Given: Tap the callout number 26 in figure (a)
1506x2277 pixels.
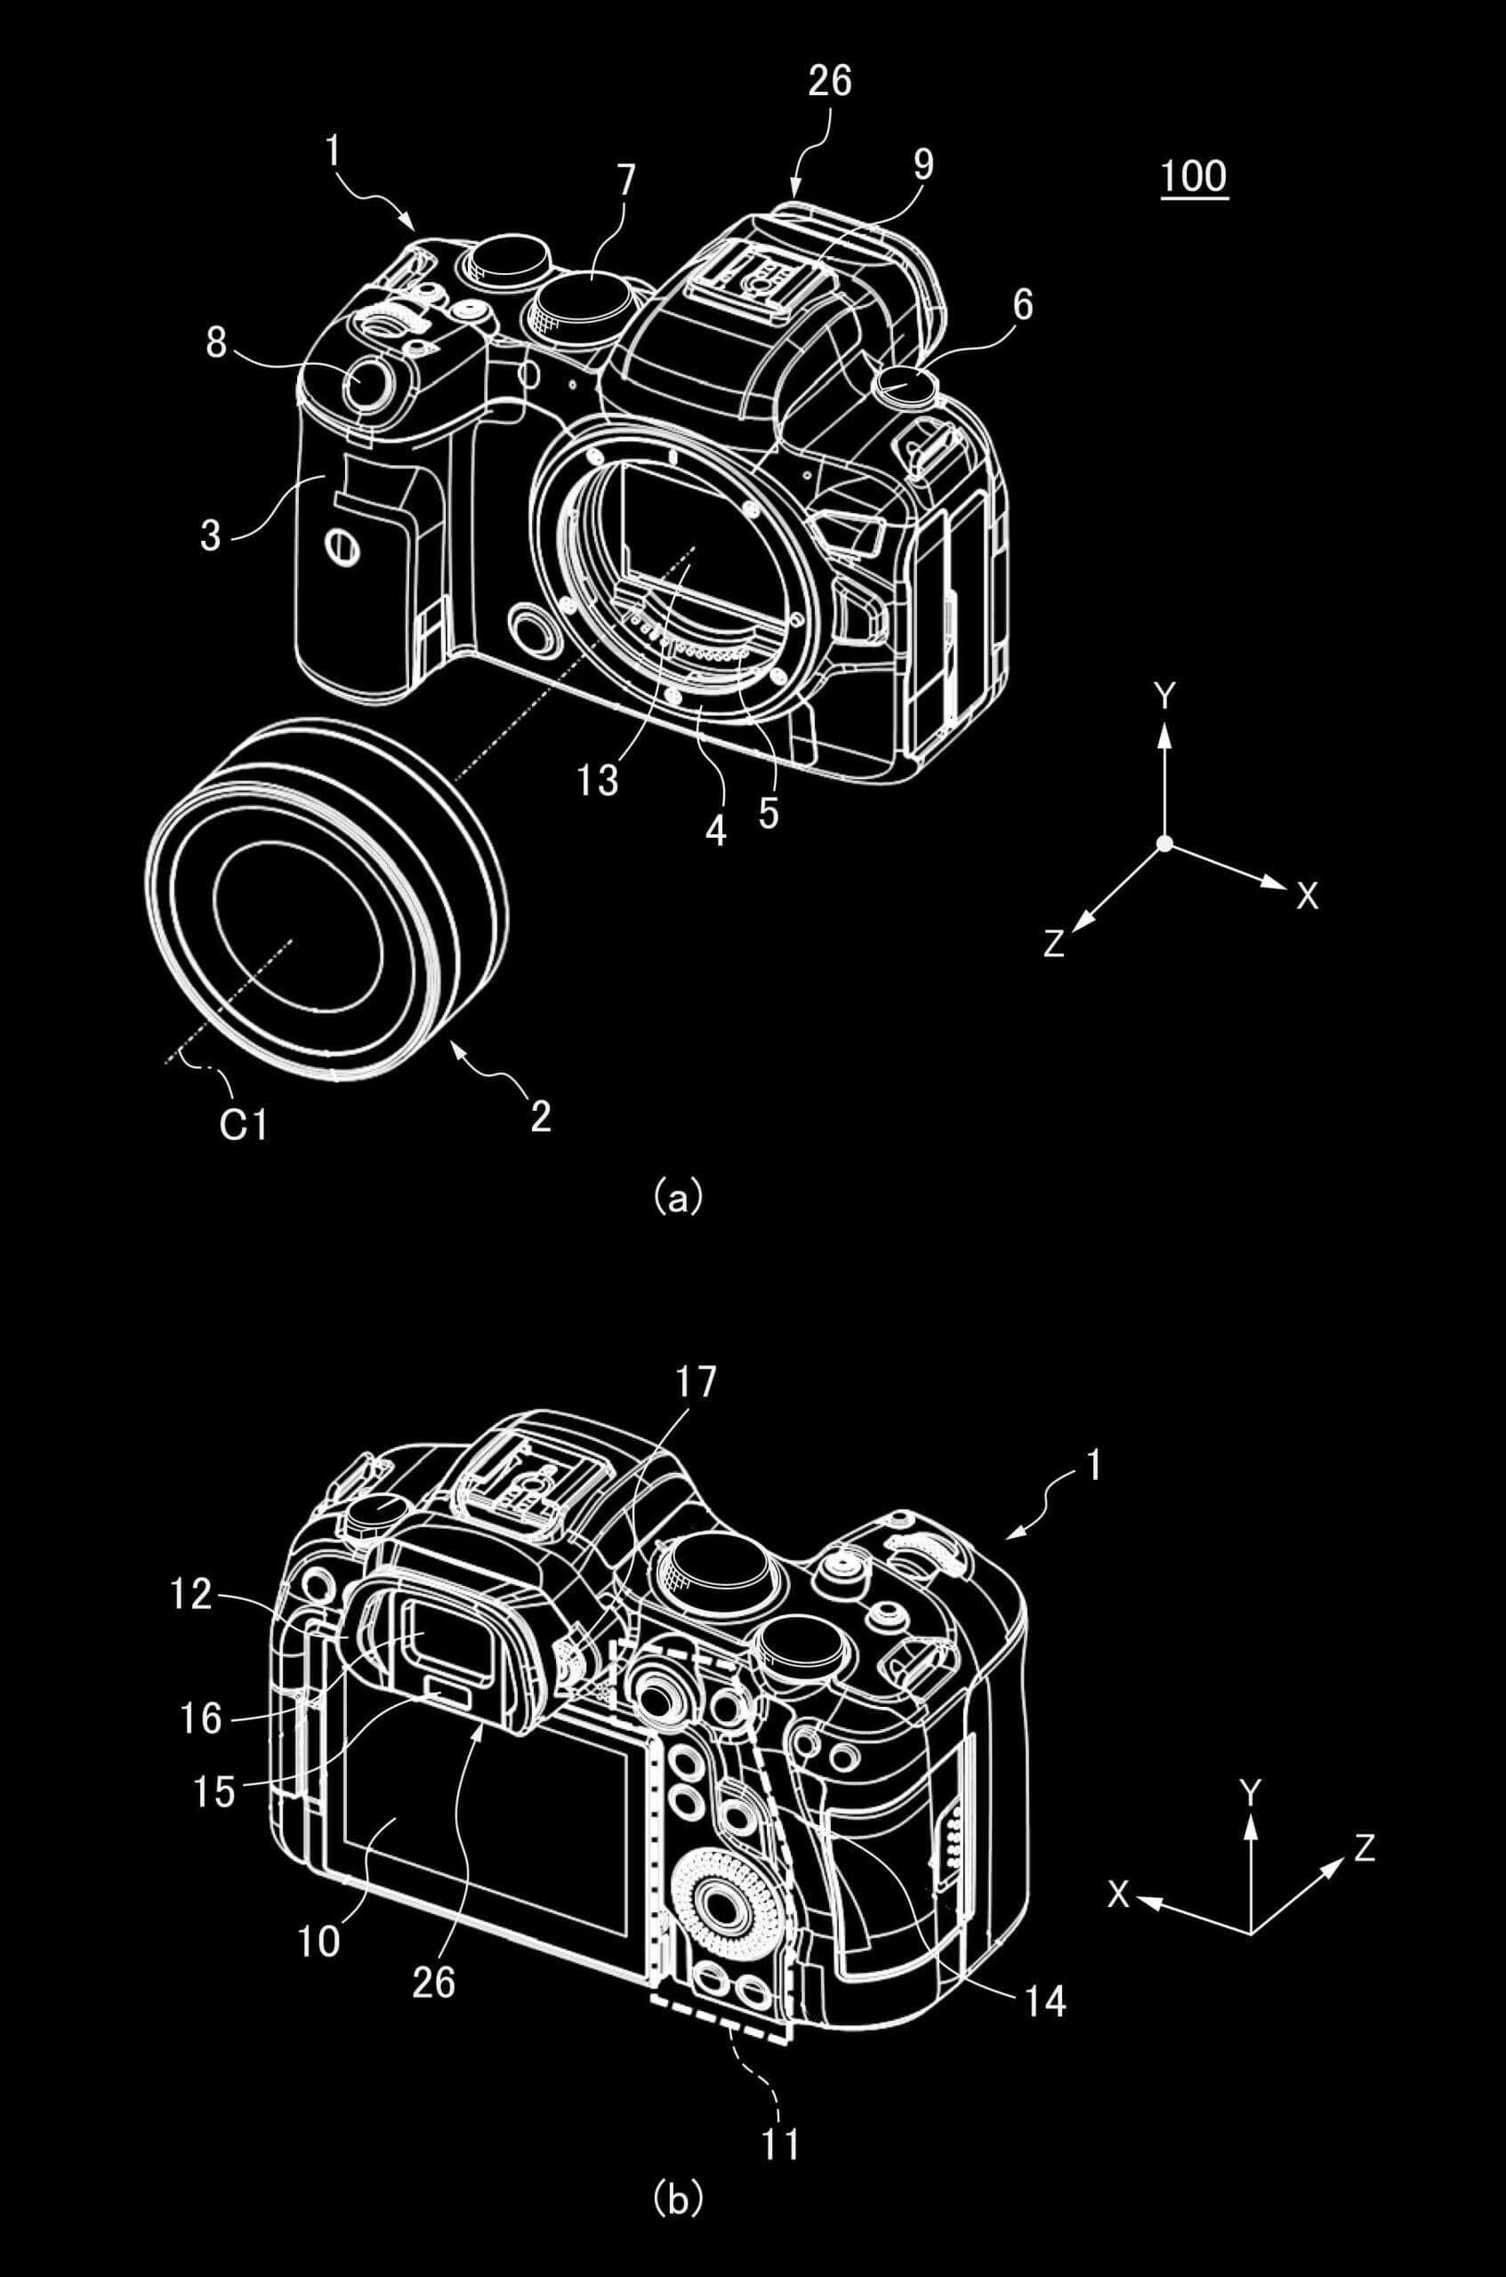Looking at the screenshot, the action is tap(830, 82).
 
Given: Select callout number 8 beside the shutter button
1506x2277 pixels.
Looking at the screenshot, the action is tap(217, 342).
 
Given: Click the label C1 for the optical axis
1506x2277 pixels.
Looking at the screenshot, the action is tap(243, 1125).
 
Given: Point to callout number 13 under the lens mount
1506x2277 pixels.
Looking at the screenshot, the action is tap(598, 782).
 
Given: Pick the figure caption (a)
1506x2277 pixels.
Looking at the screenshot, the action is tap(678, 1197).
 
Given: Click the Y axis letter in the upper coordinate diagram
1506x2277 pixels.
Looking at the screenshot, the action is tap(1165, 696).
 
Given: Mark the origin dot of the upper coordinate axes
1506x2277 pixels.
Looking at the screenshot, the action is tap(1164, 843).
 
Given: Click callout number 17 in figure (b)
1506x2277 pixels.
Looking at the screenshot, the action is tap(697, 1382).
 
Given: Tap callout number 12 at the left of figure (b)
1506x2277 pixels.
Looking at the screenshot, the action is tap(190, 1594).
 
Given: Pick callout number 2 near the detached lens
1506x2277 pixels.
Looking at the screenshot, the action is tap(541, 1116).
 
